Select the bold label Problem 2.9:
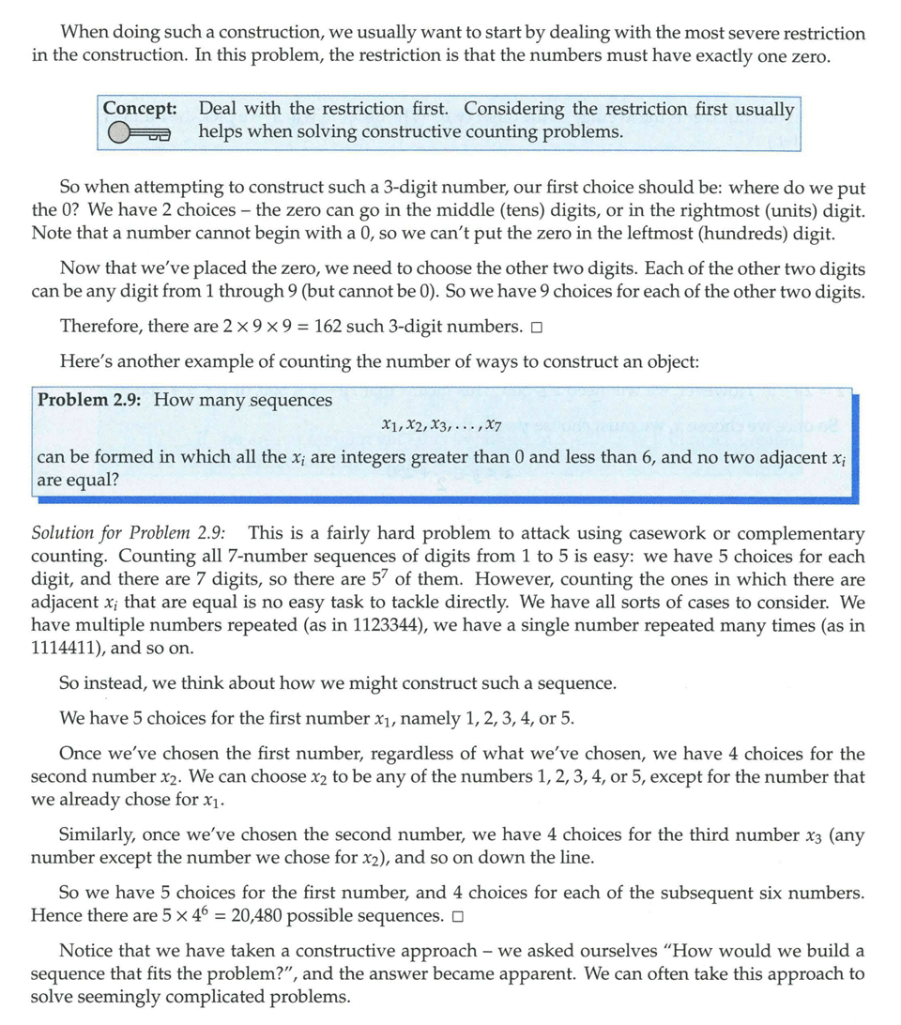tap(90, 400)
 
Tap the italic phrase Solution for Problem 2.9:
tap(134, 533)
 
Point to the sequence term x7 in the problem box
tap(494, 427)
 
